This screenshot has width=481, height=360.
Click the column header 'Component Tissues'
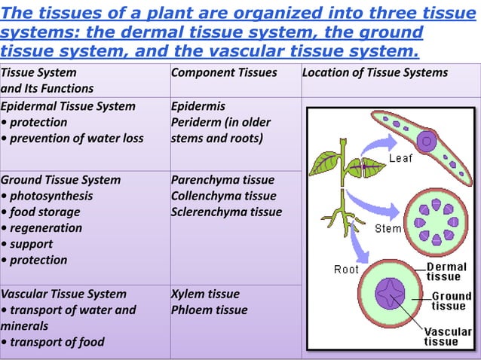point(224,73)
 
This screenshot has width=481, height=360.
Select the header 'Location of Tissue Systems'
point(375,73)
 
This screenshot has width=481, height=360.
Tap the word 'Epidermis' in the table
point(198,106)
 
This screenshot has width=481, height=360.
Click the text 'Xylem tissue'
point(205,294)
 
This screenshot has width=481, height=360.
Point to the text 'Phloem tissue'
point(209,310)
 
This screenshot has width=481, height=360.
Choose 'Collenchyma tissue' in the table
point(223,196)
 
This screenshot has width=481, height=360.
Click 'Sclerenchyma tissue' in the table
point(226,212)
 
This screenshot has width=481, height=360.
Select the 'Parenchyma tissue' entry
point(222,180)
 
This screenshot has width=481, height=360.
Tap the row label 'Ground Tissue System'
point(60,180)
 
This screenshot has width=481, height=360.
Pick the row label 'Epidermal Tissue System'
point(68,106)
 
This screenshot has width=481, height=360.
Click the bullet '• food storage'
point(41,212)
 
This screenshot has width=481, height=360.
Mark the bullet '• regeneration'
point(41,228)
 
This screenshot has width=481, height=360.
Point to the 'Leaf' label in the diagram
point(400,158)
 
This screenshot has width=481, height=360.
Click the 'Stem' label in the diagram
point(388,228)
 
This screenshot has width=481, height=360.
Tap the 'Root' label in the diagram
point(346,269)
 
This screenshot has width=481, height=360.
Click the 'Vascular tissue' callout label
point(448,336)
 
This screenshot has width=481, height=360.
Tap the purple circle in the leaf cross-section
point(427,140)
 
